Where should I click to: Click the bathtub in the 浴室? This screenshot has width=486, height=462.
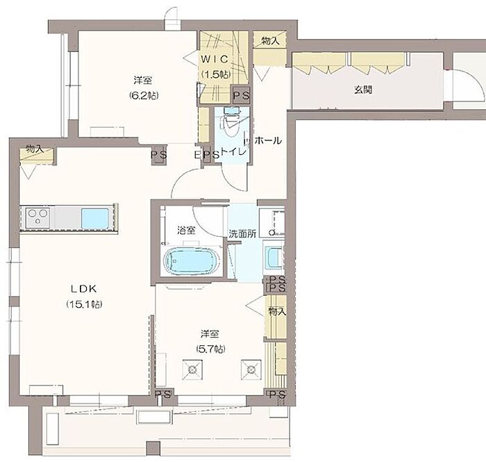tap(192, 260)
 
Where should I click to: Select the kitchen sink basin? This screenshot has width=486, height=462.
tap(95, 217)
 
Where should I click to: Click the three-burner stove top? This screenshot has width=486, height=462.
tap(37, 217)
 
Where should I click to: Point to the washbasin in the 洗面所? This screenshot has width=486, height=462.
tap(274, 257)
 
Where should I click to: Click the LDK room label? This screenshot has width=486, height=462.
tap(84, 289)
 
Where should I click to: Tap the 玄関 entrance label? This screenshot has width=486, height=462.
tap(363, 90)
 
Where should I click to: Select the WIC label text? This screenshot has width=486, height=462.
tap(215, 59)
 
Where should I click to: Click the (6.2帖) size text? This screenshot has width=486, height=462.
tap(144, 95)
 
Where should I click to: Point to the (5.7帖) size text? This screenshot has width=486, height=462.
tap(210, 349)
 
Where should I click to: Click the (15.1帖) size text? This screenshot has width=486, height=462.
tap(84, 304)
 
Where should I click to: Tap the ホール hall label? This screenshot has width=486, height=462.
tap(268, 140)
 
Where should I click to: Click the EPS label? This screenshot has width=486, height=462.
tap(207, 154)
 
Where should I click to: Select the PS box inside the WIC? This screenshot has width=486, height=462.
tap(241, 95)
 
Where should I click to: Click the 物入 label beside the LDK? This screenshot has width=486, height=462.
tap(35, 149)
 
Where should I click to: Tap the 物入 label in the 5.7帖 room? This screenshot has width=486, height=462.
tap(277, 311)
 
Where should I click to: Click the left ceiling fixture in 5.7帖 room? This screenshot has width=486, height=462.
tap(192, 370)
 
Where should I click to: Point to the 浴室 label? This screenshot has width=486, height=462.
tap(186, 231)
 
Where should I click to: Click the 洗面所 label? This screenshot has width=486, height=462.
tap(242, 234)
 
